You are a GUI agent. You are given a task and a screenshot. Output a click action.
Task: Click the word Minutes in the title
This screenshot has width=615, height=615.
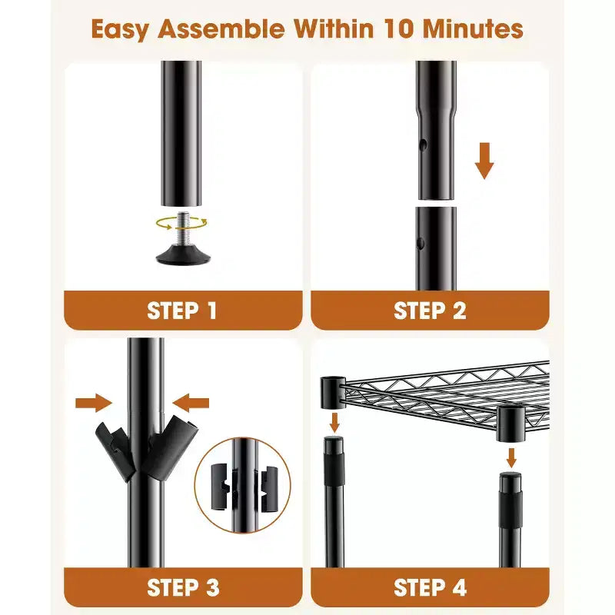(473, 29)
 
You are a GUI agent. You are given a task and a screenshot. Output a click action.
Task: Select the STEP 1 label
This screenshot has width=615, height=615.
(182, 311)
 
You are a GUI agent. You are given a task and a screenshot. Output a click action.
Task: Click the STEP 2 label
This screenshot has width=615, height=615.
(430, 311)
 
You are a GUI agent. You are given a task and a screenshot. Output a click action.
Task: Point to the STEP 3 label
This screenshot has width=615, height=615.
(183, 587)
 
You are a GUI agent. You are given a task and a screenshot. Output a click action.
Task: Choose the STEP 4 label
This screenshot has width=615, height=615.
(430, 587)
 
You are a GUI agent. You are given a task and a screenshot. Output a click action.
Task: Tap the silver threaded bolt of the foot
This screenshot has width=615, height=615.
(183, 228)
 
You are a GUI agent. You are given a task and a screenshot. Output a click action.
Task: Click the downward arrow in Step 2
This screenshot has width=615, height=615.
(484, 161)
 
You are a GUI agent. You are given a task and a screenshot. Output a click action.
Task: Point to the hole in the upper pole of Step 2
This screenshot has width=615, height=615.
(423, 145)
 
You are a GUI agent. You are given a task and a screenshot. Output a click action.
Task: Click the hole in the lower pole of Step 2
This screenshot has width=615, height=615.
(421, 244)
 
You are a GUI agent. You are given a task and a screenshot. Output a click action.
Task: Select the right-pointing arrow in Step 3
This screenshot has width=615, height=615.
(94, 403)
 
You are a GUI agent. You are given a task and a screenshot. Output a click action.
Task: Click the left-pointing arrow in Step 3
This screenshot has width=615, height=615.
(191, 403)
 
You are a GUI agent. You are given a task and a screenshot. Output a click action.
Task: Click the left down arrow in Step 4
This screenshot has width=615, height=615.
(334, 422)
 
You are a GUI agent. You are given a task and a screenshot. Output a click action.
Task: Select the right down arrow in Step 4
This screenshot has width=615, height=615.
(510, 457)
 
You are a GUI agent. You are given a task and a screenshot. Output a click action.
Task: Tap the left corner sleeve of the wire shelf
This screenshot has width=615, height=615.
(333, 392)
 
